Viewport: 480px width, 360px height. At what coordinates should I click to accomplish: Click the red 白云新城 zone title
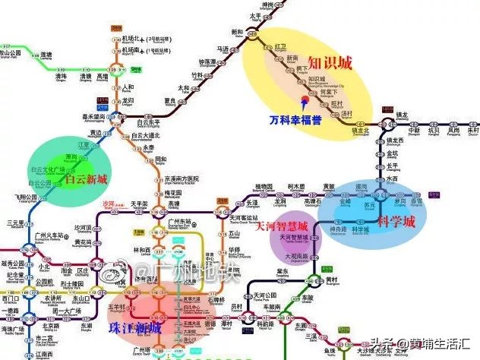(86, 179)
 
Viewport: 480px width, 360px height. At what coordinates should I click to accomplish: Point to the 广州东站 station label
(182, 222)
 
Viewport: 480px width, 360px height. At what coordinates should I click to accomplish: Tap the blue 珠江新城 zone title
(134, 327)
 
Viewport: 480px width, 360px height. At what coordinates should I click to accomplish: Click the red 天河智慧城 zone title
(281, 226)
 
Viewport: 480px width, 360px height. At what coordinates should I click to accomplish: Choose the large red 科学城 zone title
(396, 223)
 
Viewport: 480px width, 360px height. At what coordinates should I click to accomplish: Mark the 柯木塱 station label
(297, 187)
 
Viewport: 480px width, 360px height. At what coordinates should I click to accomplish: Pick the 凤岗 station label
(454, 130)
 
